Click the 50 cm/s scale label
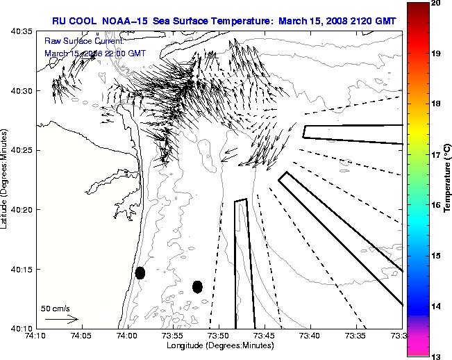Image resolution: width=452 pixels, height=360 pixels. click(x=55, y=308)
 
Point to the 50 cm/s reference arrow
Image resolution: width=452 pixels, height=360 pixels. click(x=61, y=320)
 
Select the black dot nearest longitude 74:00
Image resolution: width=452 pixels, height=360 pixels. click(x=140, y=272)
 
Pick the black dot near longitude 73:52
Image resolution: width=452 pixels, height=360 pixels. click(x=197, y=286)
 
